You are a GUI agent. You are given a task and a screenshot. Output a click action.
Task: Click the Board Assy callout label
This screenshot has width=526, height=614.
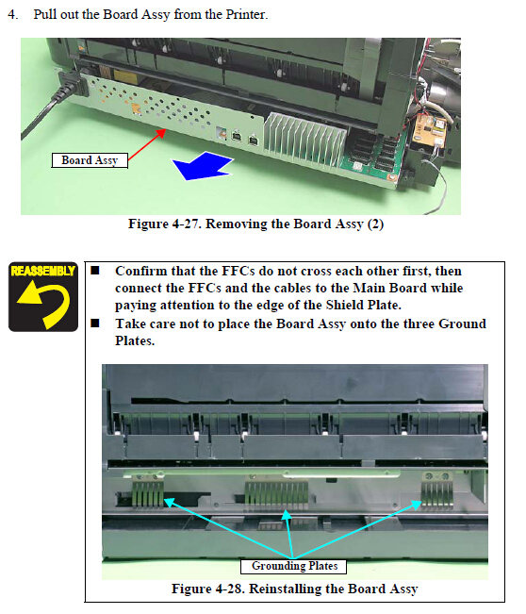click(x=90, y=160)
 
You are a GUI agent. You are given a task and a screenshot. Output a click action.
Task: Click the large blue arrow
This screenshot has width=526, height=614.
click(x=204, y=166)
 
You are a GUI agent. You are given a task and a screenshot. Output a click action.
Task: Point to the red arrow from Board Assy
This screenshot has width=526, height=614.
click(x=147, y=144)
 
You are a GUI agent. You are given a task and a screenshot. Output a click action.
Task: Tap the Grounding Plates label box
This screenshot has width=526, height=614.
click(x=293, y=566)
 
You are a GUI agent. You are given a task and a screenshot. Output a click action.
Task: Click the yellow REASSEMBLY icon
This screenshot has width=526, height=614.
click(x=43, y=297)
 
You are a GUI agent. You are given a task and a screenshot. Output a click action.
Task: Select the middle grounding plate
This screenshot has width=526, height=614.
click(x=276, y=495)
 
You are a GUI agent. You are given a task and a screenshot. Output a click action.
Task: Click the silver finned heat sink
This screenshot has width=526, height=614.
click(x=304, y=139)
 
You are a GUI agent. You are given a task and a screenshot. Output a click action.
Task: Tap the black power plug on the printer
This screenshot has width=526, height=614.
click(x=72, y=83)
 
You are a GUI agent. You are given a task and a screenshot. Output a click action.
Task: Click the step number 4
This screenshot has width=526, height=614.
click(x=12, y=14)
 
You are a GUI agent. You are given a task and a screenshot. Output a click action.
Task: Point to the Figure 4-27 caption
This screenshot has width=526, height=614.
click(x=256, y=224)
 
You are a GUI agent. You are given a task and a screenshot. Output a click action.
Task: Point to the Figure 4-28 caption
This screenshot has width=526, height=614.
click(x=295, y=589)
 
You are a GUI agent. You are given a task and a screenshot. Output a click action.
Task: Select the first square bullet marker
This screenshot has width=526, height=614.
click(x=95, y=271)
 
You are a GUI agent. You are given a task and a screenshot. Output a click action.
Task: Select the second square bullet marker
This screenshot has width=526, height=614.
click(x=95, y=324)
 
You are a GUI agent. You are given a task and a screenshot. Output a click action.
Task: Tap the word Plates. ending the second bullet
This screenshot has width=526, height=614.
click(x=135, y=341)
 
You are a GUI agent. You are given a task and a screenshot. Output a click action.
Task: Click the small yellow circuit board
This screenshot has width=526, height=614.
click(x=429, y=129)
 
